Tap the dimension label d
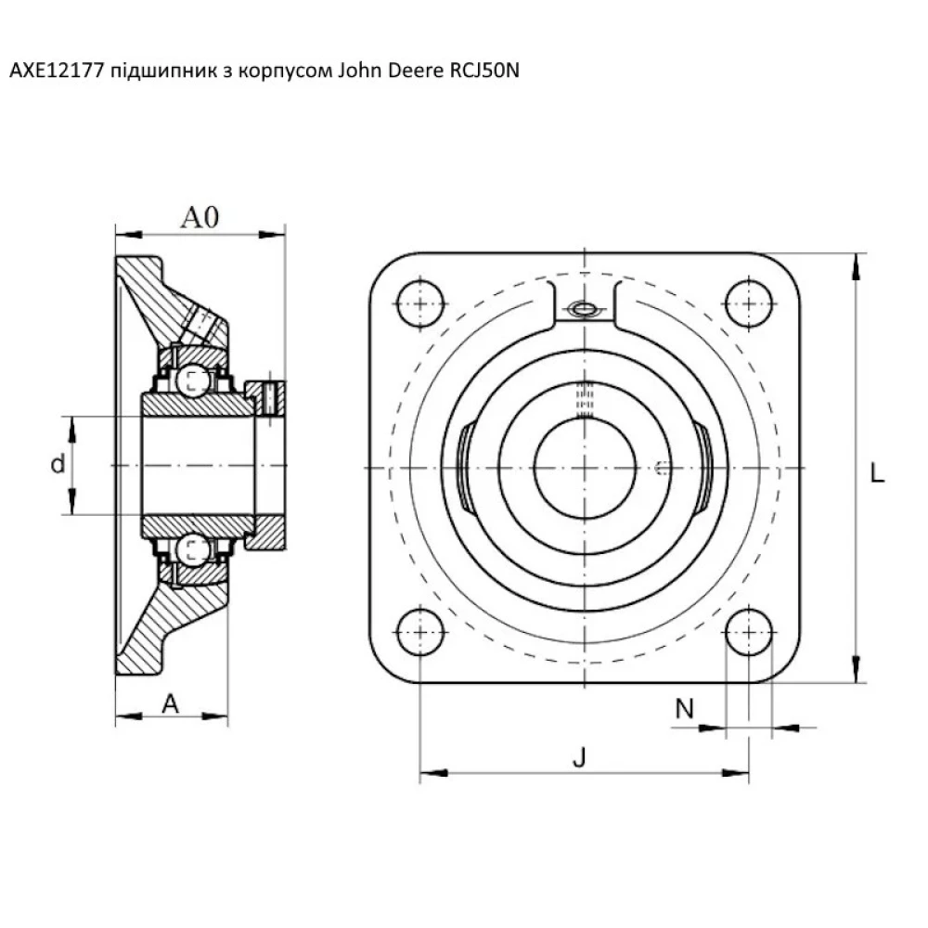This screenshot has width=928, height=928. click(58, 465)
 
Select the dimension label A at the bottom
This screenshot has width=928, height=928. click(170, 704)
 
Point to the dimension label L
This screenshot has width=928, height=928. click(877, 474)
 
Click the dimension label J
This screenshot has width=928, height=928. click(579, 758)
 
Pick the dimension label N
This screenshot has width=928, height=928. click(684, 709)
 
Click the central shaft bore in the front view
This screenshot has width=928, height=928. click(585, 468)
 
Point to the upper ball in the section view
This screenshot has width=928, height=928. click(195, 378)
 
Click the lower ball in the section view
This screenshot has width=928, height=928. click(195, 549)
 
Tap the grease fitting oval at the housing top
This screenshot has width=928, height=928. click(584, 310)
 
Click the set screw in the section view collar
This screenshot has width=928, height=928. click(269, 397)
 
